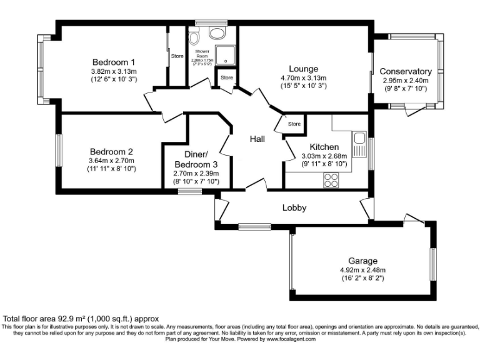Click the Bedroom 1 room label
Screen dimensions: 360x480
(114, 62)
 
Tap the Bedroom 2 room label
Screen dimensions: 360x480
(111, 151)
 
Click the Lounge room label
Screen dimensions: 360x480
(304, 69)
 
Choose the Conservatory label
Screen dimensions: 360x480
(406, 72)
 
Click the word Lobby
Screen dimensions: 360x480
(294, 207)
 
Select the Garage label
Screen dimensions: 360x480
(363, 261)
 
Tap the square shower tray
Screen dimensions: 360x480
(223, 54)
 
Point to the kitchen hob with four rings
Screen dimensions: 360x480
(331, 180)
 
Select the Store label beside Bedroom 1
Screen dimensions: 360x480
(177, 56)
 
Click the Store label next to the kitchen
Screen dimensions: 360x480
(294, 124)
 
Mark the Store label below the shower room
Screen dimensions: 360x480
(226, 78)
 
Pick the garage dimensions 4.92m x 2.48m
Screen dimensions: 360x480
(363, 269)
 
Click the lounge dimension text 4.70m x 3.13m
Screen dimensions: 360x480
(304, 79)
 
